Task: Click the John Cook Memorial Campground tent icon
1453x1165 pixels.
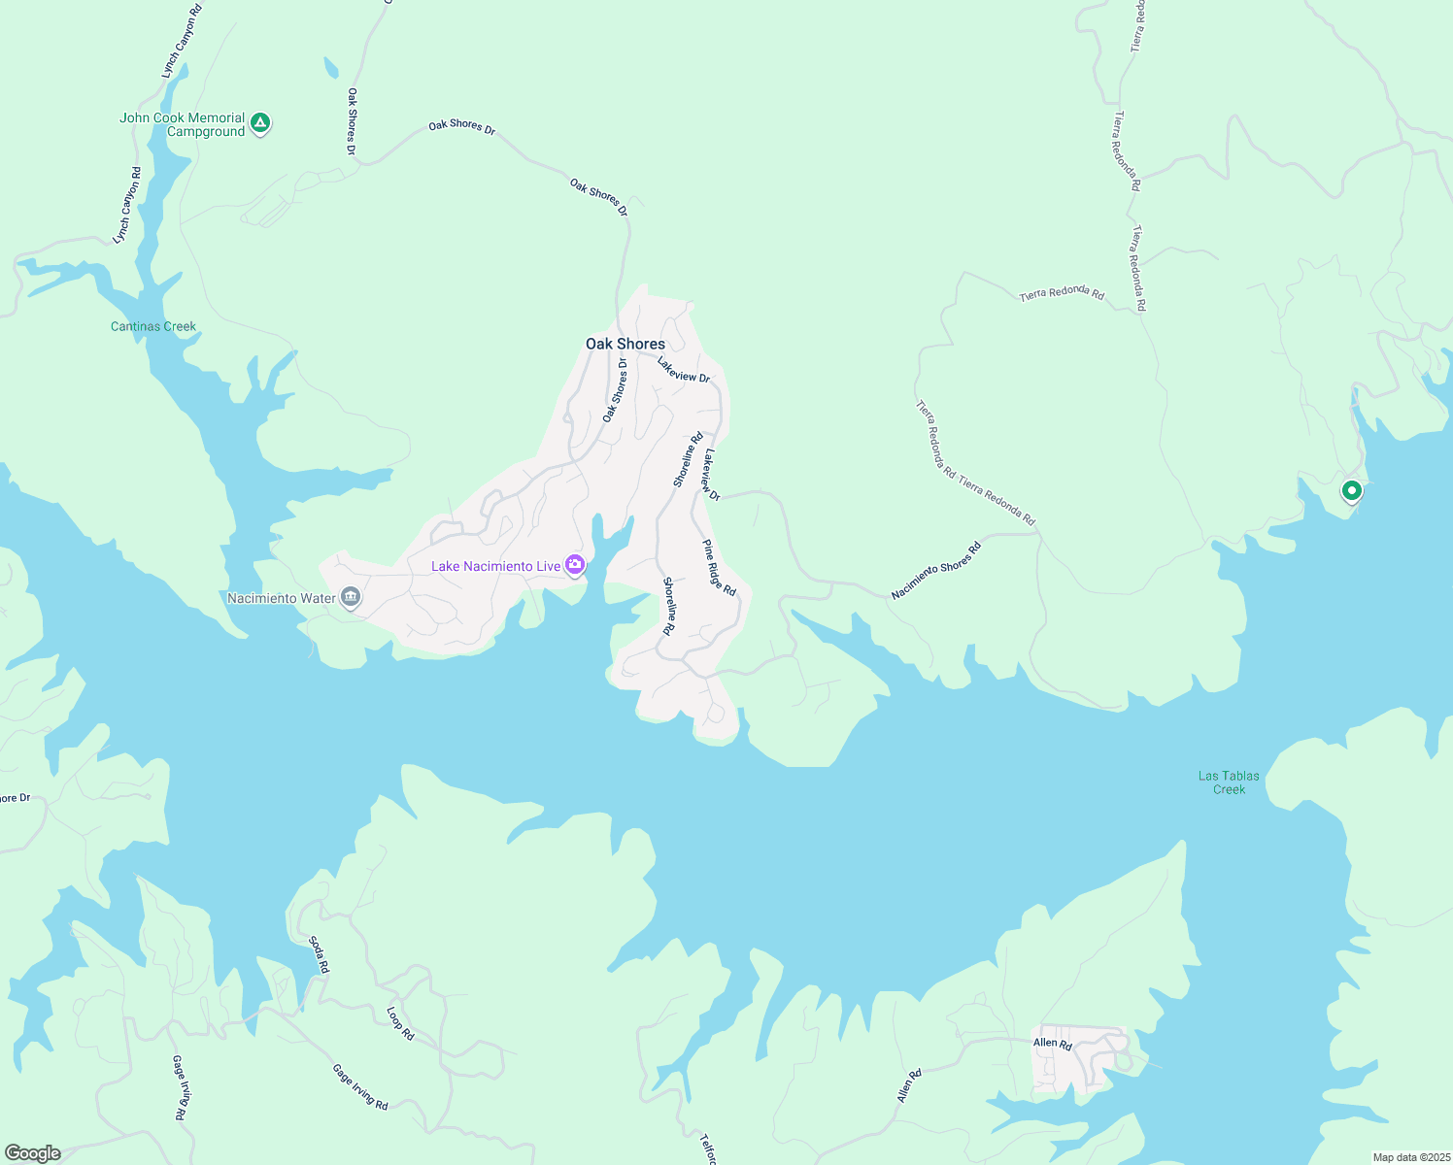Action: [x=259, y=123]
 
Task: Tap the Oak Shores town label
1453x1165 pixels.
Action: [x=625, y=344]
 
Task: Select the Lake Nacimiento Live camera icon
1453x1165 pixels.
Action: [x=576, y=565]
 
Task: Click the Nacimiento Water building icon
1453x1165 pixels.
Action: [x=352, y=597]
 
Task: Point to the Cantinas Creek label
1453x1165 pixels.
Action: [x=153, y=326]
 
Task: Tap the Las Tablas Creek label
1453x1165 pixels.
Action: [x=1229, y=782]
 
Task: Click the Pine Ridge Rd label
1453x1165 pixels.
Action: [x=720, y=568]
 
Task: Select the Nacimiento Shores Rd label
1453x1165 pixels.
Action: [x=936, y=571]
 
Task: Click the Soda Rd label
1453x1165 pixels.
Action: [x=319, y=954]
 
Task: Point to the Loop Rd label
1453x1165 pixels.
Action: [x=400, y=1024]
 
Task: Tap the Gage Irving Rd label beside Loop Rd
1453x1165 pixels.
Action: [x=360, y=1087]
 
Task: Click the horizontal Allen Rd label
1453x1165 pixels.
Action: [x=1052, y=1044]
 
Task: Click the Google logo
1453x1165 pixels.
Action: [x=33, y=1153]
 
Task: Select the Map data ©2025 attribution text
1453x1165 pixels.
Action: [x=1411, y=1157]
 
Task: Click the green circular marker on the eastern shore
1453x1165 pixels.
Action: [x=1351, y=490]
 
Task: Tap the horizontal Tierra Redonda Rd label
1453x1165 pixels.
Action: [x=1062, y=293]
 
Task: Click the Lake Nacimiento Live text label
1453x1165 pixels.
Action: [x=495, y=566]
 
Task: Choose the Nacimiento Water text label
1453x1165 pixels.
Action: [x=282, y=598]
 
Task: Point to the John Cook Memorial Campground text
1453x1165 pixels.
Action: [x=183, y=124]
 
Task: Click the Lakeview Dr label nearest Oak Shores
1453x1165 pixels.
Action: [x=684, y=370]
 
